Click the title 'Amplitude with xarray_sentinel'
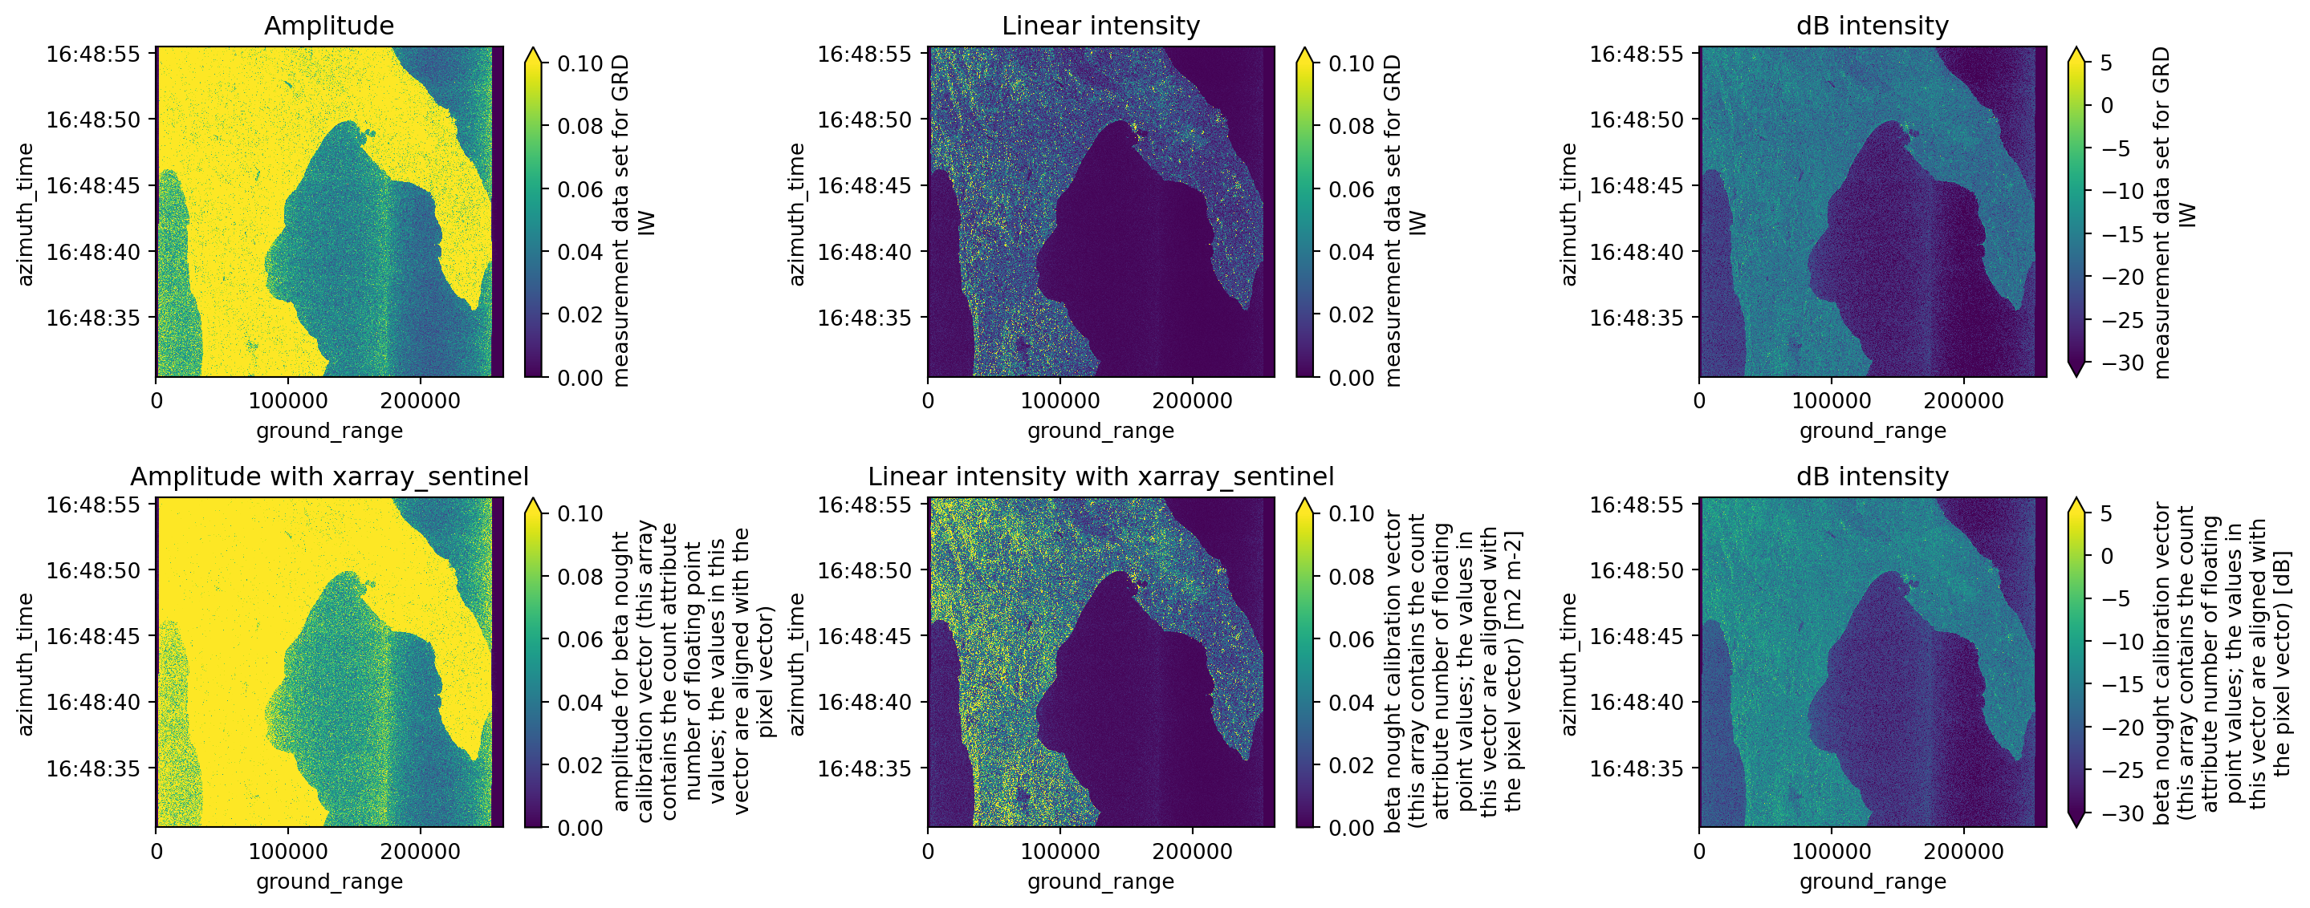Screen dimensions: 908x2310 (x=329, y=476)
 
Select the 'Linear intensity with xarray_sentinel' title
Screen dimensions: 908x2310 (x=1100, y=476)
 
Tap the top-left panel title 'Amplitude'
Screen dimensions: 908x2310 (x=329, y=26)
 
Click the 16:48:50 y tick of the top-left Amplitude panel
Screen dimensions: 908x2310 (x=93, y=120)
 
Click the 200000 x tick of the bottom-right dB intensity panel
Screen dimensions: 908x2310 (x=1963, y=852)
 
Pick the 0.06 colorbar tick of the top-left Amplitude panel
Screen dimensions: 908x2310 (x=580, y=189)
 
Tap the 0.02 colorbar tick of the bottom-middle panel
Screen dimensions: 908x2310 (x=1352, y=765)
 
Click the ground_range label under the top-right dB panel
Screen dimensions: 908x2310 (x=1873, y=432)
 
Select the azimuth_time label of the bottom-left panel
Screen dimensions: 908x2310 (x=25, y=663)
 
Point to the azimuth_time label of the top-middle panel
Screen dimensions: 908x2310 (x=796, y=213)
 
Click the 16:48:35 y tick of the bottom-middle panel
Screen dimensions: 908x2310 (x=864, y=768)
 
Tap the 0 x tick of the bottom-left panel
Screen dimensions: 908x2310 (x=157, y=852)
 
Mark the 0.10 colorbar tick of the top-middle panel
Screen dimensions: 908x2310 (x=1352, y=63)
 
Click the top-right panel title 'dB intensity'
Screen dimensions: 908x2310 (x=1873, y=26)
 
